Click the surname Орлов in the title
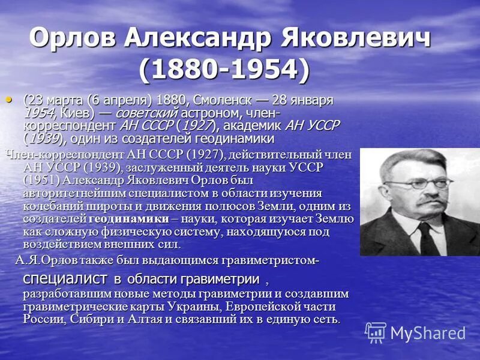(x=72, y=39)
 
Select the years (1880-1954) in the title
(x=225, y=70)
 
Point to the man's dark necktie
(x=428, y=236)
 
